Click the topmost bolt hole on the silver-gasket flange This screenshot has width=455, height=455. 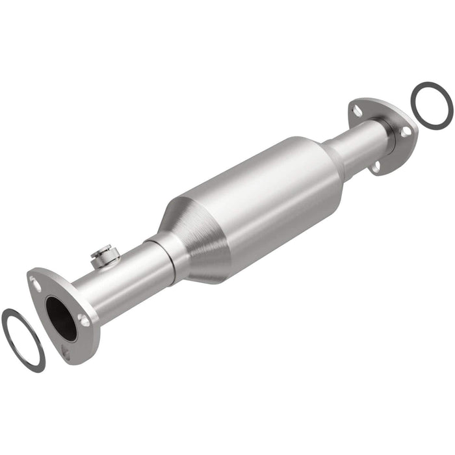[x=36, y=285]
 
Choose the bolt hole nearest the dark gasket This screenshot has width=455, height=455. [x=406, y=131]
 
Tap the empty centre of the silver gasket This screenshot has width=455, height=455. [x=23, y=338]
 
